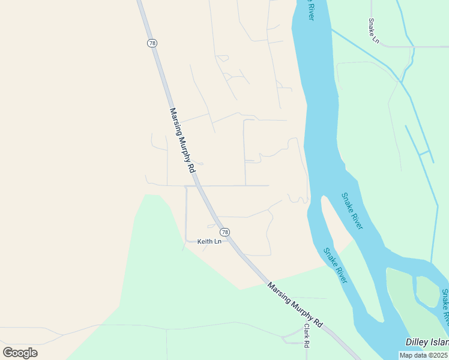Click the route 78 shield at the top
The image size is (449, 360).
[x=152, y=43]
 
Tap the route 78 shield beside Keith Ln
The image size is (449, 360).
[x=224, y=232]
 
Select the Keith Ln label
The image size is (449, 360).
[x=209, y=241]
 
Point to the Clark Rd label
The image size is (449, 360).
[x=306, y=336]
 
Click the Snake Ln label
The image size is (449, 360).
[x=374, y=31]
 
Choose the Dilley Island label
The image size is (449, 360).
[x=427, y=341]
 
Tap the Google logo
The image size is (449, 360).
[x=20, y=352]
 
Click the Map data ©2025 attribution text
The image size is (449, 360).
[x=424, y=355]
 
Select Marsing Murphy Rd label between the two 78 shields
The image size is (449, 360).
[x=183, y=140]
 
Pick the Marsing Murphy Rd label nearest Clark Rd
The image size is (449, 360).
[x=295, y=305]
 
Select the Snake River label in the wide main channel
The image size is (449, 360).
[x=352, y=211]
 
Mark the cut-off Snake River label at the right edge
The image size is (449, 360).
[x=445, y=307]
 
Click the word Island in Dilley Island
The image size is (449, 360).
[x=438, y=341]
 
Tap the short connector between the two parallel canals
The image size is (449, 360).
[x=424, y=153]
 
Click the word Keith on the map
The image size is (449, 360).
[x=205, y=241]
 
